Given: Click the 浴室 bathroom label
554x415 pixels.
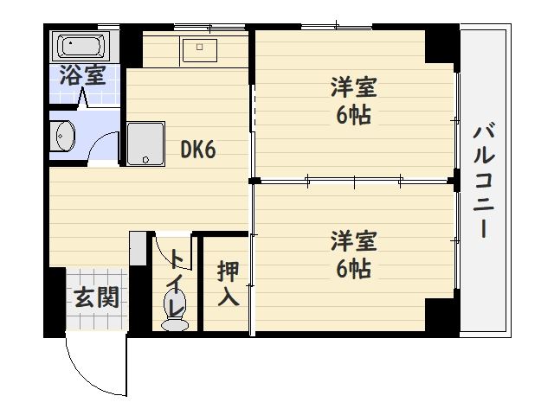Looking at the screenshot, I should click(x=82, y=75).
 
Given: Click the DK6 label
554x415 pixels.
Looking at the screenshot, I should click(x=197, y=150).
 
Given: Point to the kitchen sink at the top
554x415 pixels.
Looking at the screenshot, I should click(x=201, y=48).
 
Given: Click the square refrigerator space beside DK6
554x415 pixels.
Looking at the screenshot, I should click(x=145, y=143).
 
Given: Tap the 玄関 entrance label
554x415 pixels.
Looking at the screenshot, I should click(x=95, y=298).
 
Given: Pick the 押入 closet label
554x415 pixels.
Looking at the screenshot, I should click(x=228, y=284).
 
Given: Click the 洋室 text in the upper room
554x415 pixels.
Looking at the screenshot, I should click(x=354, y=89).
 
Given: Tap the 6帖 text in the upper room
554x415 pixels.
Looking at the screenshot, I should click(x=354, y=115).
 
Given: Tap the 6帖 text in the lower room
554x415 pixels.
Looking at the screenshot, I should click(x=354, y=268).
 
